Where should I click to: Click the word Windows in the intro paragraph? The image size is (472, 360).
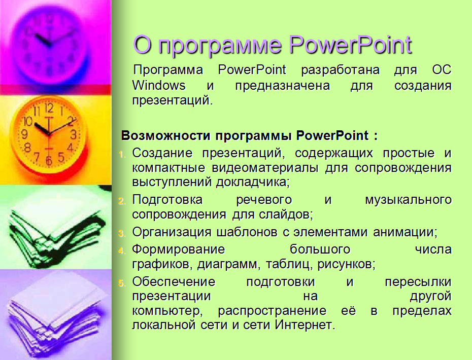pos(159,85)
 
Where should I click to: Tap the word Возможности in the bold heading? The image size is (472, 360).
pos(165,136)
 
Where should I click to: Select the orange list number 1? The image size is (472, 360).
pos(122,155)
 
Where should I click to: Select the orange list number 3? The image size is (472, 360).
pos(122,233)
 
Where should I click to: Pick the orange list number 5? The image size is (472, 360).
pos(122,283)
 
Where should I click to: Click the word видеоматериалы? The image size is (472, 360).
pos(265,168)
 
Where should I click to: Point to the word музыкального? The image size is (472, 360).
pos(408,200)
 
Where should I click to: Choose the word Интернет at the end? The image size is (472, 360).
pos(305,325)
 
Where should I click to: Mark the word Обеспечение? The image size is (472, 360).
pos(174,282)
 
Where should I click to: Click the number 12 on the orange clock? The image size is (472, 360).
pos(49,108)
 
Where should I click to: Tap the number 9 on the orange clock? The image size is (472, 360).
pos(24,134)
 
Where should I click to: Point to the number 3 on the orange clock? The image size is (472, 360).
pos(73,134)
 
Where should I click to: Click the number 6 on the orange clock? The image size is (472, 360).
pos(49,161)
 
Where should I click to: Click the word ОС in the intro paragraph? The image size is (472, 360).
pos(442,70)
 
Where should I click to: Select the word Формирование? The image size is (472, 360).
pos(179,249)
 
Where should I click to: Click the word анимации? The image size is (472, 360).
pos(405,232)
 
